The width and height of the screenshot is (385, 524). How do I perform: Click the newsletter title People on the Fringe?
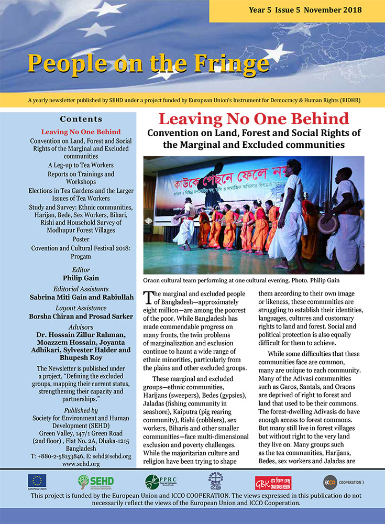click(148, 63)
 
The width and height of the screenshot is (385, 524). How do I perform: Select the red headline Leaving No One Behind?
click(254, 118)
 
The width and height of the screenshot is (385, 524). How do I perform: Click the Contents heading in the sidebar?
click(81, 119)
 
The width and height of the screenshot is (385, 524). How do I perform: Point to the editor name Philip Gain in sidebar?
click(81, 278)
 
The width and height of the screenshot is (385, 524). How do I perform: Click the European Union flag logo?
click(37, 481)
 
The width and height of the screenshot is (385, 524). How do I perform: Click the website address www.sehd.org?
click(81, 464)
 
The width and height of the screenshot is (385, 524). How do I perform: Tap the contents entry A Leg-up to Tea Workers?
click(81, 165)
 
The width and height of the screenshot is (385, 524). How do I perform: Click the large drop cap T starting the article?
click(149, 297)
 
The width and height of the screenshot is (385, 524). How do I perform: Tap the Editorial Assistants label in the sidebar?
click(81, 289)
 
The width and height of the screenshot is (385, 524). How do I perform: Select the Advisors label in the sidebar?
click(81, 325)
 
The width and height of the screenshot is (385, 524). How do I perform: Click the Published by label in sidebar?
click(81, 410)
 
